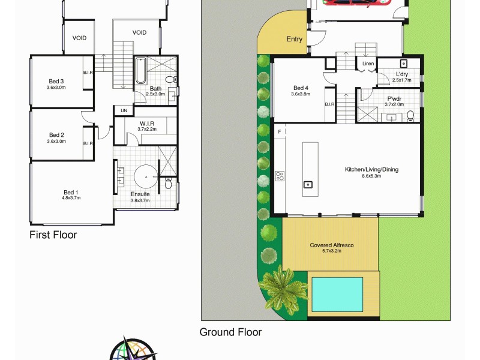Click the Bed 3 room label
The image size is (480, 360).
[56, 82]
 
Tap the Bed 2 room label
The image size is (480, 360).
[56, 135]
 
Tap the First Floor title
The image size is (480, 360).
[53, 235]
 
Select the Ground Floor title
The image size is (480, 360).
[230, 332]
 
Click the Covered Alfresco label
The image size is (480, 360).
[331, 245]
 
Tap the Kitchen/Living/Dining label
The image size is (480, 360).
[371, 169]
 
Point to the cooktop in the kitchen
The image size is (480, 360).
[280, 176]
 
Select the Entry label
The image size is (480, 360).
[295, 40]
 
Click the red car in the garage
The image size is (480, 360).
[354, 3]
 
